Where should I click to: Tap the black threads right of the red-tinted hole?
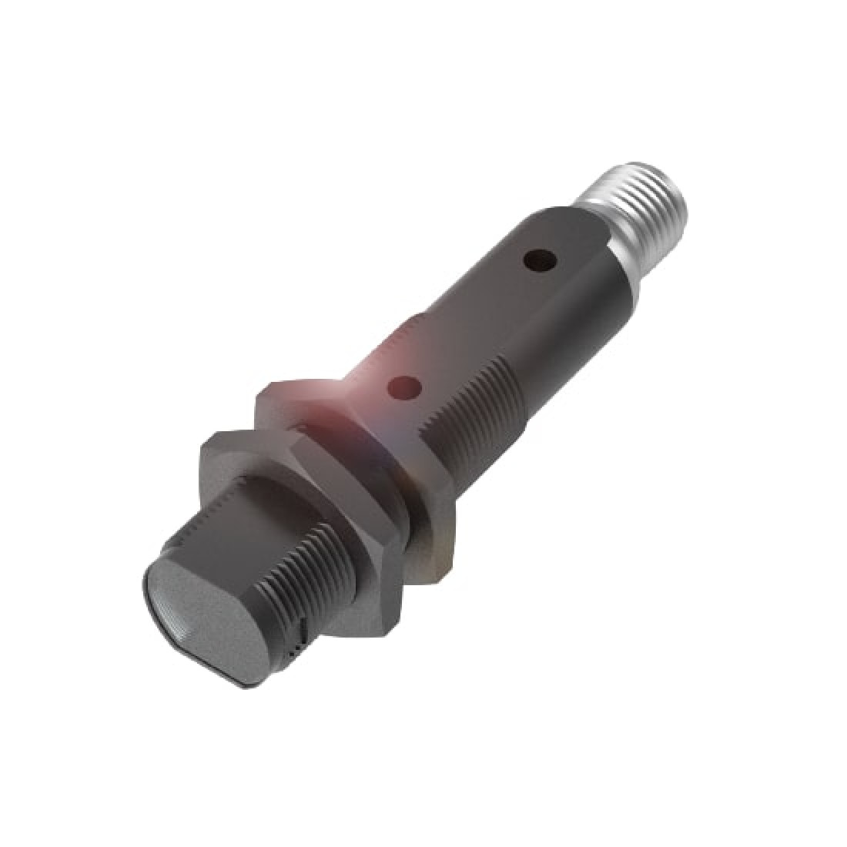click(470, 416)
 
